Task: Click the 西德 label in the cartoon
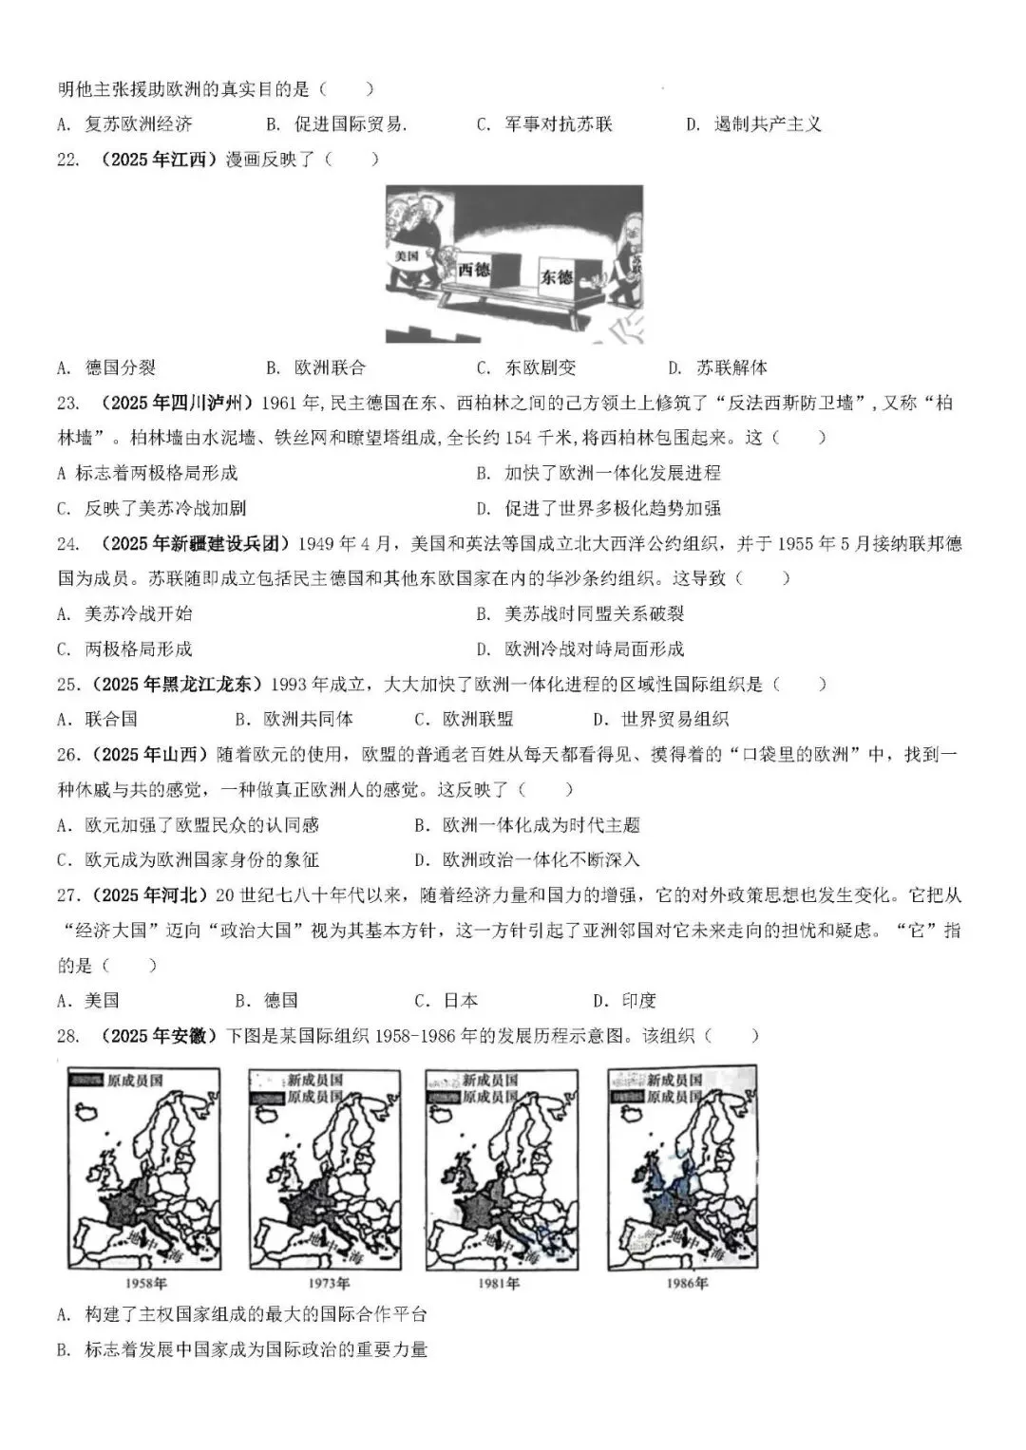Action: [473, 269]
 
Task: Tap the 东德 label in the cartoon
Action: [557, 276]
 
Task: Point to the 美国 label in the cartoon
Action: [408, 256]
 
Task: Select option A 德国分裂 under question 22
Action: [106, 367]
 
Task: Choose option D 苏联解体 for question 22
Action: [718, 367]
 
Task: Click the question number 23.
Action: [67, 403]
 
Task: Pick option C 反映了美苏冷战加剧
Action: [152, 508]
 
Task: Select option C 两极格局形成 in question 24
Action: [124, 649]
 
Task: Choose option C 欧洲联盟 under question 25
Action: [464, 719]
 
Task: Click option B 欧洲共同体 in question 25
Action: [294, 719]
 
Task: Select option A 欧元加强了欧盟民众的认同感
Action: [188, 824]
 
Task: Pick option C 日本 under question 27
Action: [446, 1000]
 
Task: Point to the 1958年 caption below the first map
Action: [146, 1283]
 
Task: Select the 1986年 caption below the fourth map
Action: [687, 1283]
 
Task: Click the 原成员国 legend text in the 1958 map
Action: [135, 1081]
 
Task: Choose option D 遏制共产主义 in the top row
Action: [754, 123]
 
